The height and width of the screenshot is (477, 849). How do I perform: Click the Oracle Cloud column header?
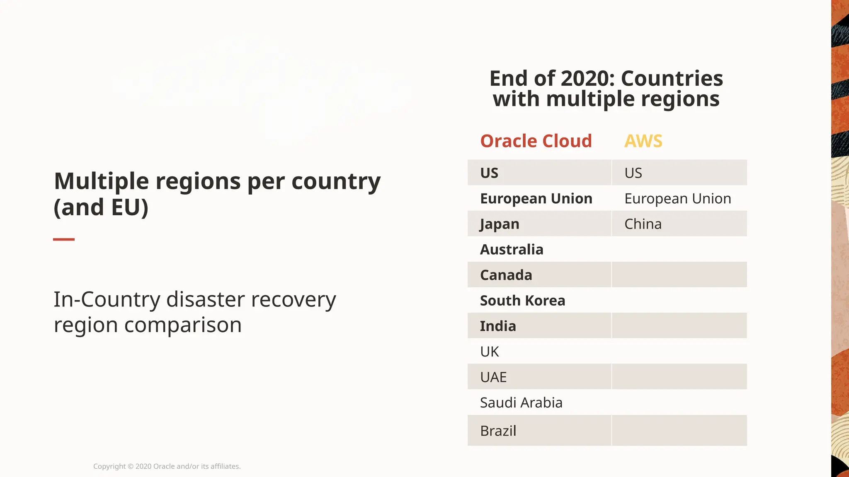pos(536,141)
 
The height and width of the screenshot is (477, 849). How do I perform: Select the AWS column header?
pos(643,141)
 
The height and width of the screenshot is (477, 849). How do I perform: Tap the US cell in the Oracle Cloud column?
pos(489,173)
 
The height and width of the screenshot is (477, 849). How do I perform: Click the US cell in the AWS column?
pos(633,173)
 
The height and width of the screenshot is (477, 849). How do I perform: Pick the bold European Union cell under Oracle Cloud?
pos(536,199)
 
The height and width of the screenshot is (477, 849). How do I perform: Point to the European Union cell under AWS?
pos(677,199)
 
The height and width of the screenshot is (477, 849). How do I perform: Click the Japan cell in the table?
pos(500,224)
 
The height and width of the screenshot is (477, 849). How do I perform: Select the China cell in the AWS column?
pos(643,224)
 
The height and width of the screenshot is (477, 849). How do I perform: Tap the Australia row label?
pos(512,250)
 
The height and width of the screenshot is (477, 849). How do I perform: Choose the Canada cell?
pos(506,275)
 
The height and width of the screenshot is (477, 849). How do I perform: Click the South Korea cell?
pos(522,301)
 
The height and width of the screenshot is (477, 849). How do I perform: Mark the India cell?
pos(498,326)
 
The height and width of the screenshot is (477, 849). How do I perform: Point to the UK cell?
pos(489,352)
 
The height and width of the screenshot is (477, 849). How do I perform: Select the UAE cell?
pos(493,377)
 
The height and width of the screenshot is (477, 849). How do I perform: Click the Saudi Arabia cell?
pos(521,402)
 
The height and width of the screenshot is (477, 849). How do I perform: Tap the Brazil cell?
pos(498,431)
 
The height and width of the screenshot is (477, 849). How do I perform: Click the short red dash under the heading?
pos(64,239)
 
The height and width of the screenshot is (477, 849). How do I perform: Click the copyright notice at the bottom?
pos(167,466)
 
